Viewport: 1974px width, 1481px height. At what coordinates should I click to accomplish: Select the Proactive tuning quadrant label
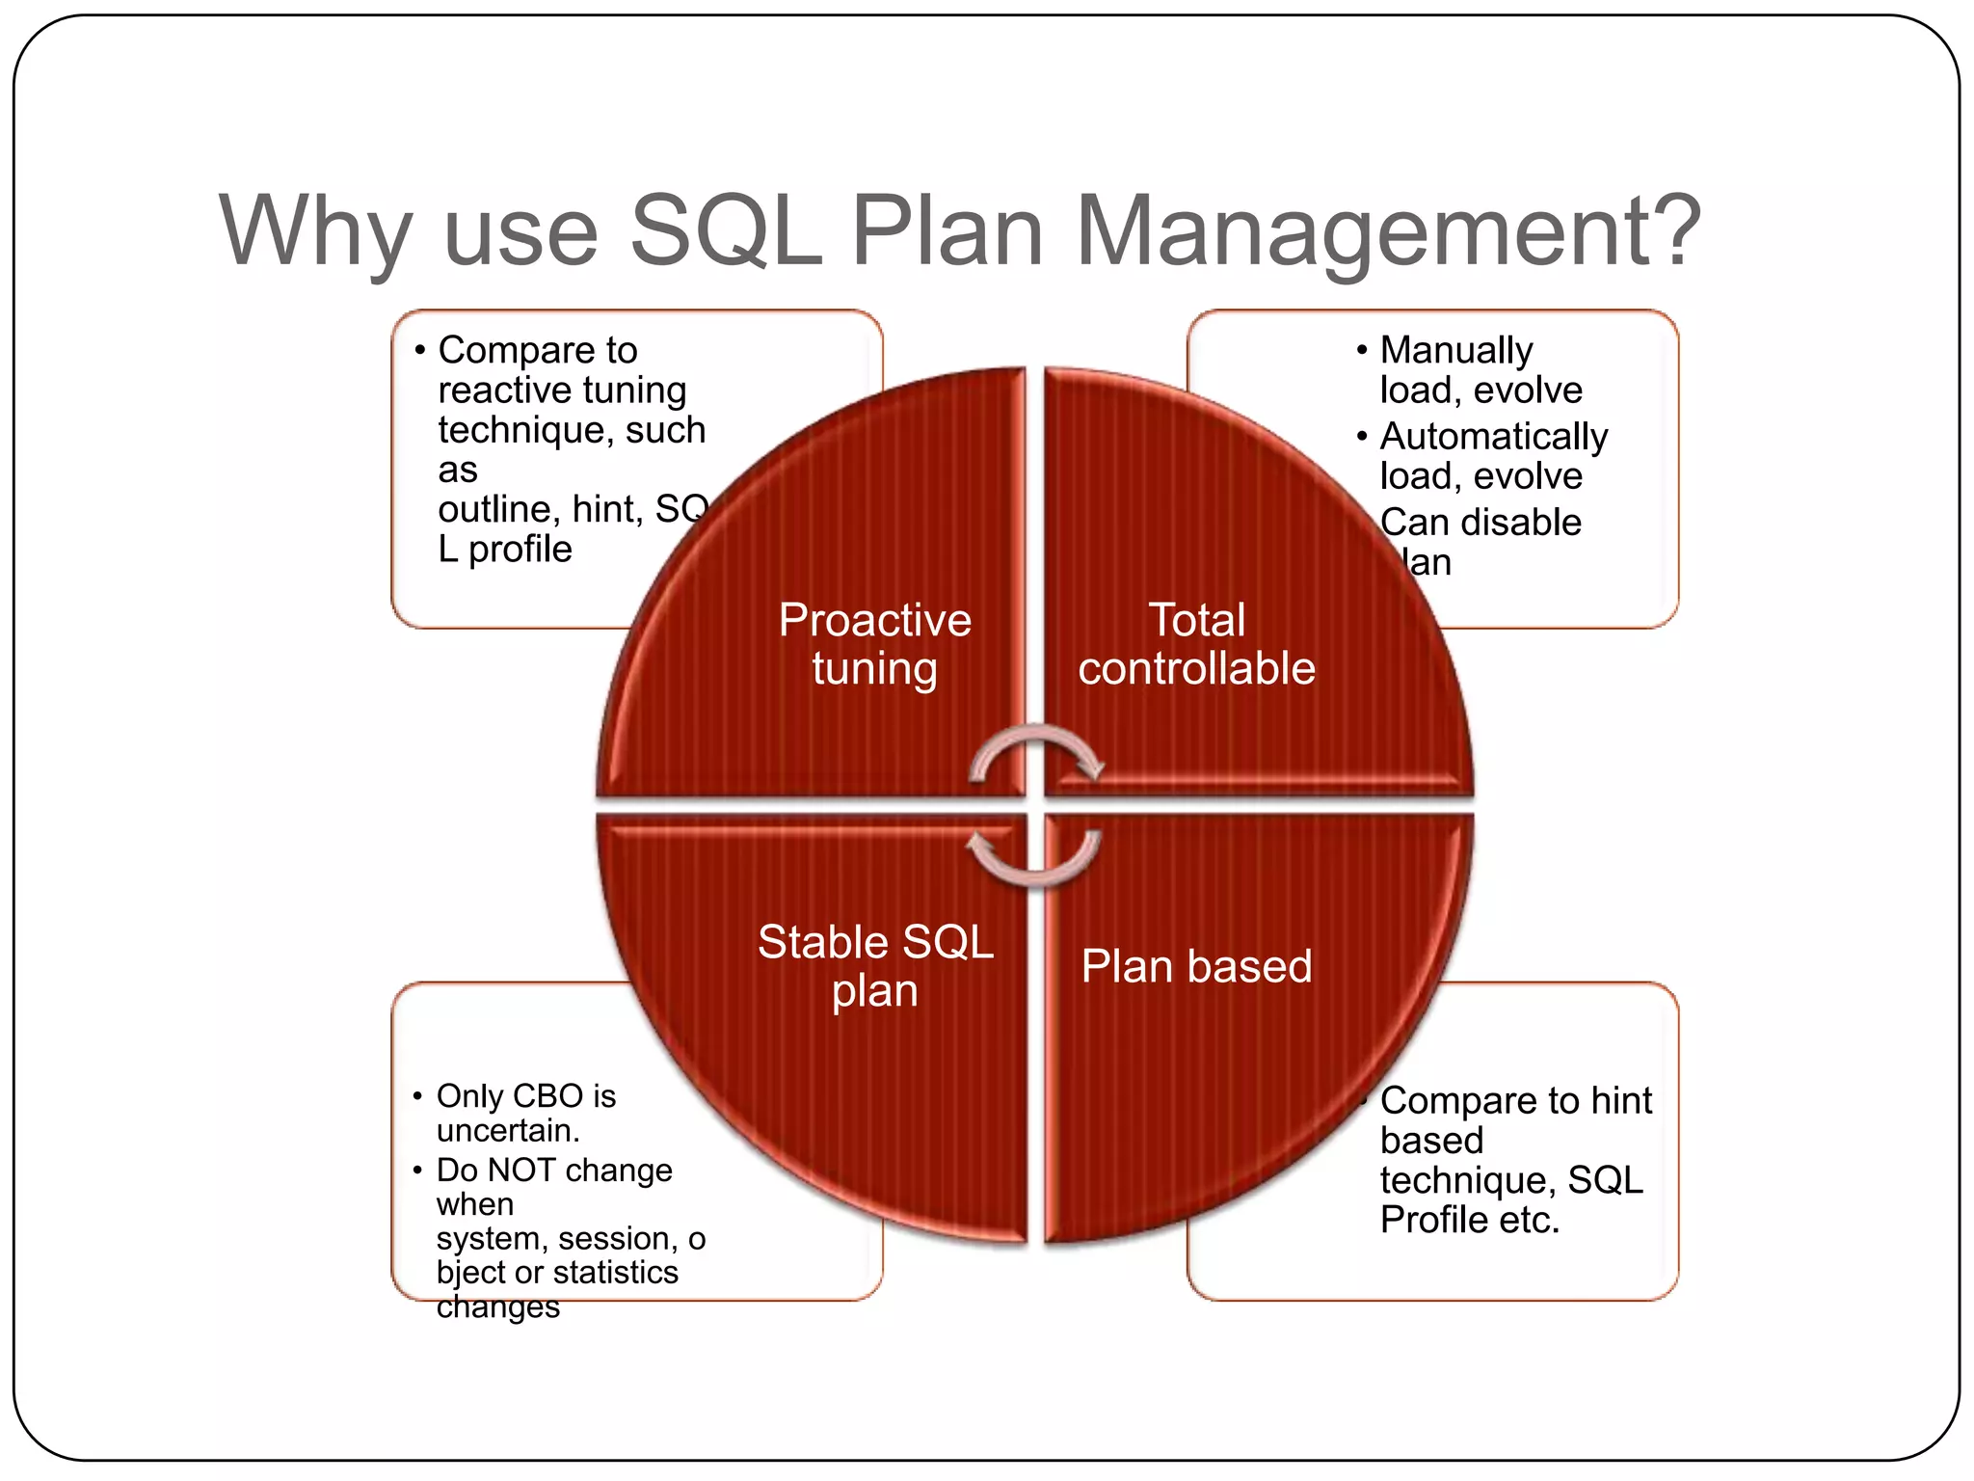click(874, 644)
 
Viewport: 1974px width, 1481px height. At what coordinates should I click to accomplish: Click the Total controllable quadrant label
click(1196, 644)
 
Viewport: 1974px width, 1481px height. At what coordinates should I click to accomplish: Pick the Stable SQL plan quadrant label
click(874, 966)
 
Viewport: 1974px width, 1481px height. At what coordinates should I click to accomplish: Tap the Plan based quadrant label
click(1196, 966)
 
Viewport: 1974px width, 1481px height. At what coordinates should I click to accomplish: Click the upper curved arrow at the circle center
click(1036, 753)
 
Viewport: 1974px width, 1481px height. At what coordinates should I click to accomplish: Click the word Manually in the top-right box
click(1455, 350)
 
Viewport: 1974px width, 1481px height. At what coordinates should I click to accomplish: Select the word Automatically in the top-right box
click(1493, 437)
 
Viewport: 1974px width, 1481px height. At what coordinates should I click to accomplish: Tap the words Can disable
click(1480, 523)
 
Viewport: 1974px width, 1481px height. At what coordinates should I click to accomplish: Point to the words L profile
click(505, 550)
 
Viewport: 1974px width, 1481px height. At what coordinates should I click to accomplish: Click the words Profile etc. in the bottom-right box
click(1469, 1221)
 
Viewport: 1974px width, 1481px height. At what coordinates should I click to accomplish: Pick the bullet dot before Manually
click(1361, 350)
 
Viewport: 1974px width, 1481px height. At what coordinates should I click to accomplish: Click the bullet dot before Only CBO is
click(417, 1096)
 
